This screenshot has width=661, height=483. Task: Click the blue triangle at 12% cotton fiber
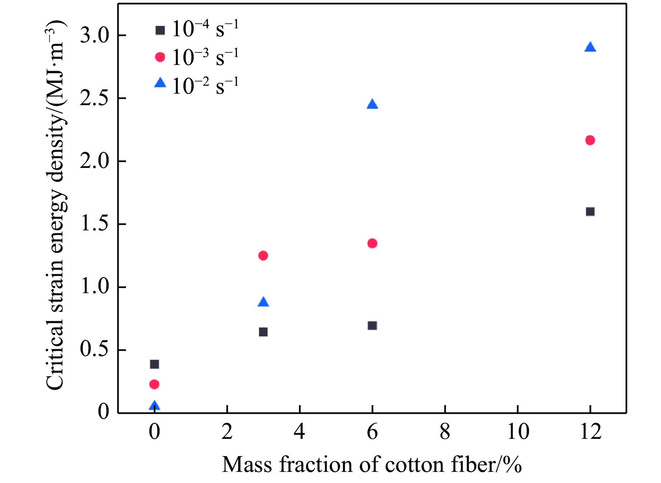590,47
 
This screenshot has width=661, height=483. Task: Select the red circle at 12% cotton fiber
590,140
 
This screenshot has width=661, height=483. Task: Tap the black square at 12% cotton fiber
590,211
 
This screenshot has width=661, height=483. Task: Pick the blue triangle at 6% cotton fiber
372,104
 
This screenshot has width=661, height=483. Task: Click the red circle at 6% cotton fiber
372,243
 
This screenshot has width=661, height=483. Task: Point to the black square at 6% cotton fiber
372,325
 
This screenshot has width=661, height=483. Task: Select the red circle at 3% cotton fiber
263,255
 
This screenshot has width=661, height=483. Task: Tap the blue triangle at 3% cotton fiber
263,302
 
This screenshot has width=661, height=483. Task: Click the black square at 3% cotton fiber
263,332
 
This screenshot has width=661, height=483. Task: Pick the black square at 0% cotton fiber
154,364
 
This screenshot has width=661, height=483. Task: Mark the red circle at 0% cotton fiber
154,384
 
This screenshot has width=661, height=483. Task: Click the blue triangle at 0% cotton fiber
154,406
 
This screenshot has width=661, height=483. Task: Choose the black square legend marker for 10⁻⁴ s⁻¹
160,30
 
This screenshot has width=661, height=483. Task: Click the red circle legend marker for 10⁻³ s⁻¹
160,57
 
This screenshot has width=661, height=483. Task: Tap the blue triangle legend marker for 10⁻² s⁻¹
160,83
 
